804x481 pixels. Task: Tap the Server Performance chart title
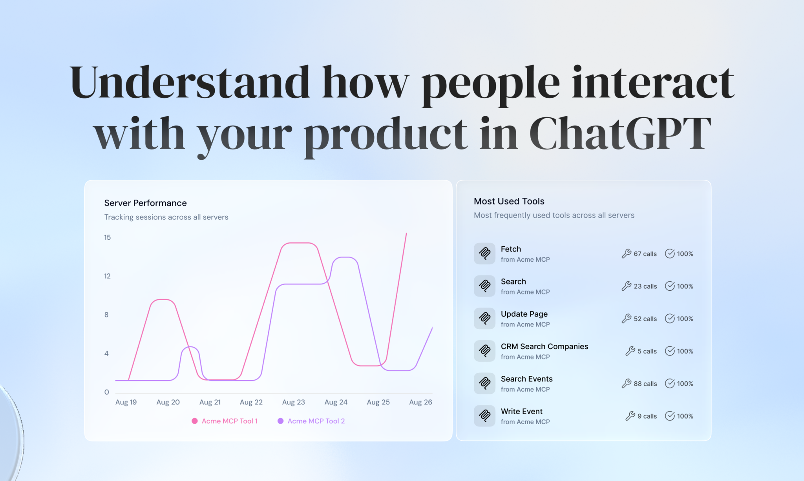(145, 203)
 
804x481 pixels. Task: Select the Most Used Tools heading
(509, 201)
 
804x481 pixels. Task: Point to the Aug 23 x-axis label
(293, 402)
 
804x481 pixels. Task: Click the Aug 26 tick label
(420, 402)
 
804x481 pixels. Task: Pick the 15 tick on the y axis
(107, 237)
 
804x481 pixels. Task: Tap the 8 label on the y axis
(106, 315)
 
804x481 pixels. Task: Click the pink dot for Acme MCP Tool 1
(194, 421)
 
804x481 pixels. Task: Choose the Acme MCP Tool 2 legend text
(316, 421)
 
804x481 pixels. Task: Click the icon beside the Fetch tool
(484, 253)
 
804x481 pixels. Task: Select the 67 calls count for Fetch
(645, 254)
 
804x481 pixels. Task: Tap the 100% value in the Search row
(685, 286)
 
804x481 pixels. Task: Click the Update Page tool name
(524, 314)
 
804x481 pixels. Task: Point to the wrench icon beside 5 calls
(630, 351)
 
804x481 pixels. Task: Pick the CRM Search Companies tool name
(544, 346)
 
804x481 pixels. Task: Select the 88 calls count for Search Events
(645, 384)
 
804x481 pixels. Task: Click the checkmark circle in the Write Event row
(670, 416)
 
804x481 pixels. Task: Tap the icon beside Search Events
(484, 383)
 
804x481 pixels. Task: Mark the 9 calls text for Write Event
(647, 416)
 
